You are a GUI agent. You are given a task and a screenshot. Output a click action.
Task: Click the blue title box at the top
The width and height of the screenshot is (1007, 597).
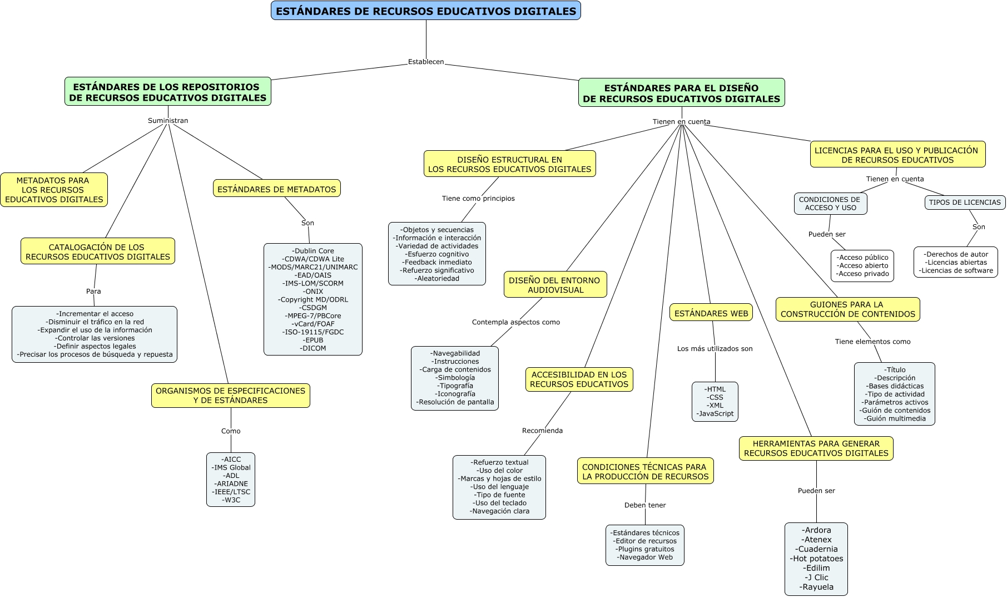click(x=426, y=11)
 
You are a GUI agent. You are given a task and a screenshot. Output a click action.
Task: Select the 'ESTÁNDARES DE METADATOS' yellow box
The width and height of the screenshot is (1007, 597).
click(x=276, y=189)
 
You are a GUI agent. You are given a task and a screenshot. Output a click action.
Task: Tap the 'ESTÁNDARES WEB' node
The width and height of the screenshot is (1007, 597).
click(x=711, y=313)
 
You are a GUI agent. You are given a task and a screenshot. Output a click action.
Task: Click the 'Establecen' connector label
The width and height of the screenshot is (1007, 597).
click(x=426, y=62)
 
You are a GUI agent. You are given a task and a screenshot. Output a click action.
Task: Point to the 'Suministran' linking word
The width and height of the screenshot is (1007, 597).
click(x=168, y=121)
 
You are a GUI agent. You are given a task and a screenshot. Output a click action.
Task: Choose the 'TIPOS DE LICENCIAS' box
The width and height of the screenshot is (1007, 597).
click(x=964, y=203)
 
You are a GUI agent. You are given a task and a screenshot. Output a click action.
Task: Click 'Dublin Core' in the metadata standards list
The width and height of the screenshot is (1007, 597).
click(x=313, y=251)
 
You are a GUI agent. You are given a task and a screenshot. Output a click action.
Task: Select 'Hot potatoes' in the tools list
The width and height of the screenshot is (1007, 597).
click(x=816, y=559)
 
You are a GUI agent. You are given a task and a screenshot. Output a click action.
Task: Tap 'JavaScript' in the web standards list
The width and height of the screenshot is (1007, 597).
click(x=715, y=413)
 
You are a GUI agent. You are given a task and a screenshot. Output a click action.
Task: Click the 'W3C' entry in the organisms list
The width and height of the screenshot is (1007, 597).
click(x=231, y=500)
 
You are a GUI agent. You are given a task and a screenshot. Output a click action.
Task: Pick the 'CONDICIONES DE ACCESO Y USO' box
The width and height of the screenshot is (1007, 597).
click(x=830, y=204)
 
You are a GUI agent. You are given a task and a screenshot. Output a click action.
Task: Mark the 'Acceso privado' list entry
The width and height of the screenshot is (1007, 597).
click(x=862, y=274)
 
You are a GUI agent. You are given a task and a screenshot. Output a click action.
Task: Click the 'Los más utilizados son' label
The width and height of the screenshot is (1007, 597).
click(x=715, y=349)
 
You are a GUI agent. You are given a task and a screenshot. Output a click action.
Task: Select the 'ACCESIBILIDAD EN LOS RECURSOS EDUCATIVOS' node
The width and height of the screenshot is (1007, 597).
click(x=579, y=379)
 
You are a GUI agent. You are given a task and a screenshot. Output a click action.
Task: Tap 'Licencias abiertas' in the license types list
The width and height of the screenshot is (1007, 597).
click(x=956, y=263)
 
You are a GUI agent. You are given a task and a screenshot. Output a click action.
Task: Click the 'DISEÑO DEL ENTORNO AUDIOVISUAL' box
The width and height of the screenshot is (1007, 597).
click(x=554, y=285)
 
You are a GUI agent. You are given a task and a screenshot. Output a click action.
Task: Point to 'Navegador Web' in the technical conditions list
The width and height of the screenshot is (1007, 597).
click(x=645, y=557)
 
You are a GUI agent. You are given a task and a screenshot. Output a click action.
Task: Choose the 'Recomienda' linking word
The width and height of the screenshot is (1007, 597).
click(x=542, y=431)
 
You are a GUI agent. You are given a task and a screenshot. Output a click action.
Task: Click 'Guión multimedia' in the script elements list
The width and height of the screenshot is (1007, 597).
click(x=895, y=418)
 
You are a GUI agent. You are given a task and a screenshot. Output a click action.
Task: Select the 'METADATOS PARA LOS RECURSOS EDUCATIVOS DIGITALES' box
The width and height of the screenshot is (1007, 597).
click(x=54, y=190)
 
